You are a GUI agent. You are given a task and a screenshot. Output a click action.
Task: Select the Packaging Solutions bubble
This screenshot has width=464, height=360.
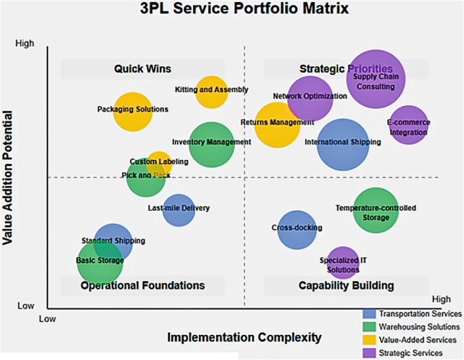pyautogui.click(x=133, y=111)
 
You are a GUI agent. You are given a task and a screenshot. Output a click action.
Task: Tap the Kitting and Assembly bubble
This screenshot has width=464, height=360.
pyautogui.click(x=211, y=91)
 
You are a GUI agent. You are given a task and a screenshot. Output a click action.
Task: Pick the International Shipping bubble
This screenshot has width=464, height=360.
pyautogui.click(x=343, y=144)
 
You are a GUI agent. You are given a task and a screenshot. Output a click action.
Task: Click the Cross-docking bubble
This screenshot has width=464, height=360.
pyautogui.click(x=297, y=229)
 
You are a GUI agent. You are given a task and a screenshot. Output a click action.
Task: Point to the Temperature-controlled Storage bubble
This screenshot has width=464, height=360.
pyautogui.click(x=376, y=210)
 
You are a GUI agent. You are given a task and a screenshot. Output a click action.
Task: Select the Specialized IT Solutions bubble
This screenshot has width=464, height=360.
pyautogui.click(x=343, y=263)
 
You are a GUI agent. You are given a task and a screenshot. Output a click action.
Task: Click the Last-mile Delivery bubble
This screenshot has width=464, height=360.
pyautogui.click(x=179, y=209)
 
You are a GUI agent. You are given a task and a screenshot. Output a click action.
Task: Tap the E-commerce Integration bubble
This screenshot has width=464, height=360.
pyautogui.click(x=409, y=126)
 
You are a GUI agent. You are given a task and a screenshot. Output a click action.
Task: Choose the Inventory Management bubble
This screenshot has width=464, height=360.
pyautogui.click(x=212, y=144)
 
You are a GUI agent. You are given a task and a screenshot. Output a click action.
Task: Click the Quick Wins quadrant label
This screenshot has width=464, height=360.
pyautogui.click(x=142, y=68)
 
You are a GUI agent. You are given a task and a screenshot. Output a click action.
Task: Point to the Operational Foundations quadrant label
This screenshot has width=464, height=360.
pyautogui.click(x=142, y=285)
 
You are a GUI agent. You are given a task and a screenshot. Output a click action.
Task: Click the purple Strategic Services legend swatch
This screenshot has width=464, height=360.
pyautogui.click(x=369, y=352)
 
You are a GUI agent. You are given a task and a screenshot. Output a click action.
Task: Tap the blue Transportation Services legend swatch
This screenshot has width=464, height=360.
pyautogui.click(x=369, y=314)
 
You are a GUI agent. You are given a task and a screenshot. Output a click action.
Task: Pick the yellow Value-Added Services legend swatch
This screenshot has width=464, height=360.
pyautogui.click(x=369, y=340)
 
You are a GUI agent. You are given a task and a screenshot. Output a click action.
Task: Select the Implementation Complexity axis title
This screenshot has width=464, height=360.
pyautogui.click(x=245, y=337)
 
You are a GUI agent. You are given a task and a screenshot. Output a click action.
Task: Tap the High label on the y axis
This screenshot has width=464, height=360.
pyautogui.click(x=24, y=43)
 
